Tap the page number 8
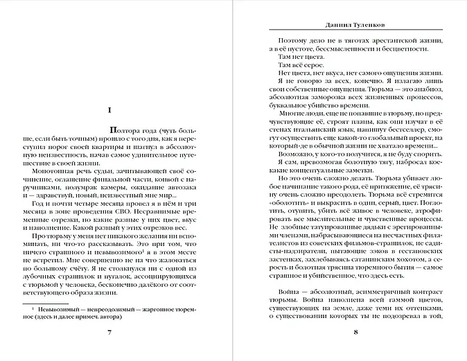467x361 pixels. click(355, 332)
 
